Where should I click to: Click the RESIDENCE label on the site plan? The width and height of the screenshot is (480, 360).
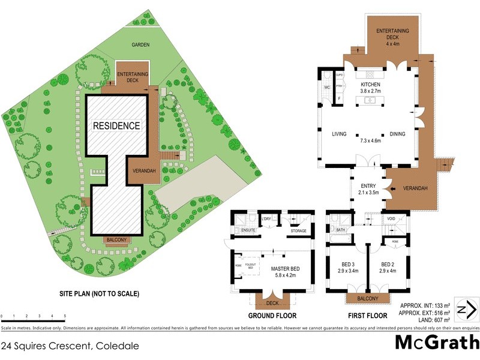[116, 126]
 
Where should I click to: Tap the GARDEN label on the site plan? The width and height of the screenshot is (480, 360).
[142, 45]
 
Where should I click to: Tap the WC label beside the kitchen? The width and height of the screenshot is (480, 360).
[327, 88]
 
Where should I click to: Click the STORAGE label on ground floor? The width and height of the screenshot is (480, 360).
[298, 231]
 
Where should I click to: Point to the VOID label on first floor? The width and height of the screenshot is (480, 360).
[391, 220]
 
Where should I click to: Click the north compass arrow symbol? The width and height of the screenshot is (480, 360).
[466, 310]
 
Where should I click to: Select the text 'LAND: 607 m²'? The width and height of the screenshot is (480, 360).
[424, 319]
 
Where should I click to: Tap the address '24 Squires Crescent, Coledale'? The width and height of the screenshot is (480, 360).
[70, 346]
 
